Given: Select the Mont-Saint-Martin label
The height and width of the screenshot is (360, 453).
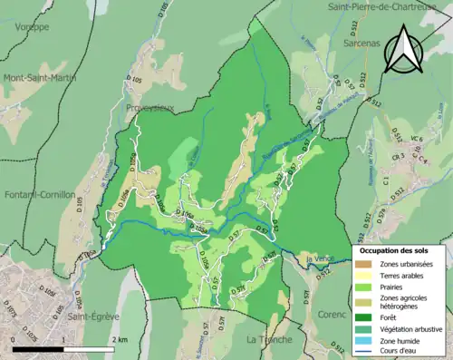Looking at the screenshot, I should (40, 78).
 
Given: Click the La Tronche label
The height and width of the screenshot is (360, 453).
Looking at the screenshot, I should (270, 339).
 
